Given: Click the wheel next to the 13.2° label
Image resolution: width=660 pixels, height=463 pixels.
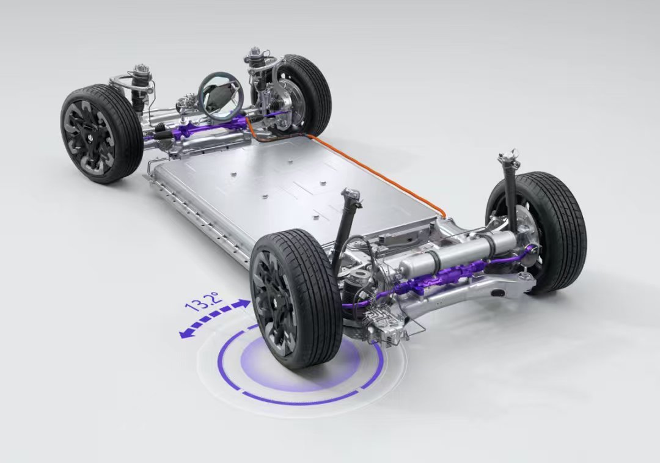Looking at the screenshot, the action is (296, 299).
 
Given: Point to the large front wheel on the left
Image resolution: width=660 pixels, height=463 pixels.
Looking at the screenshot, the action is (101, 133).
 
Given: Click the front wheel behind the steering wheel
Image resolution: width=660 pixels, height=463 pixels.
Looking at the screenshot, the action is (299, 93).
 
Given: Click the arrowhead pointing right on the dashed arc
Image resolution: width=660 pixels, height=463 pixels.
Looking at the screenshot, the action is (243, 304).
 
